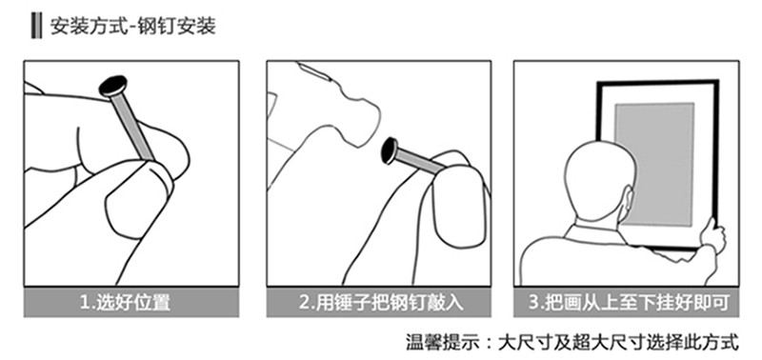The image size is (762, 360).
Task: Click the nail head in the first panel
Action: pos(113,86)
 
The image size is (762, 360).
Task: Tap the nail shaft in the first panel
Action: pos(132,128)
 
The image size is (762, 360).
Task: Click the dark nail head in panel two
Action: pos(390,150)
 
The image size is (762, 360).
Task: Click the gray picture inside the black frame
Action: pos(654,164)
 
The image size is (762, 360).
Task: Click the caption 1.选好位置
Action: pos(126,303)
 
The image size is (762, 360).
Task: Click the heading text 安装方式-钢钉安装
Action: pos(133,27)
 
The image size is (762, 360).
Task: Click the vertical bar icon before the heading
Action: pos(36,27)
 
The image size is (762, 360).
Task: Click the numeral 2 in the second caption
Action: pos(304,303)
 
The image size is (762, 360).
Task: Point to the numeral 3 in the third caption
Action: pos(533,303)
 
